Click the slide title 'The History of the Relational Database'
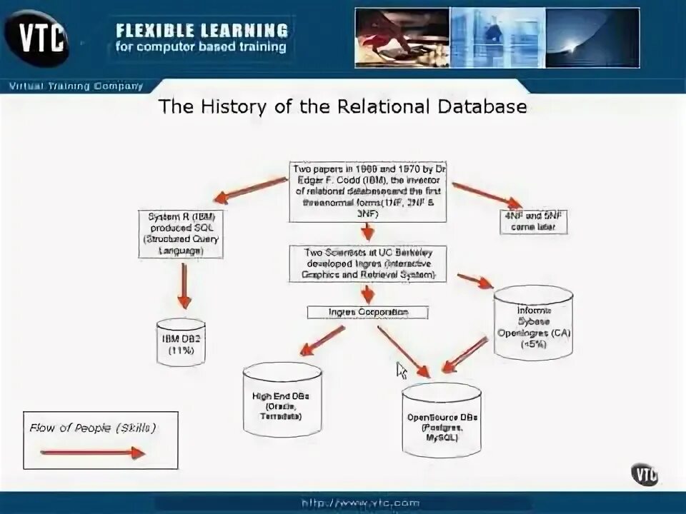click(x=342, y=107)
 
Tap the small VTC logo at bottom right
click(x=644, y=473)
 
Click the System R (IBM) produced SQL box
click(x=181, y=233)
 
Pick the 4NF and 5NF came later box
click(x=536, y=221)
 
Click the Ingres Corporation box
click(x=368, y=313)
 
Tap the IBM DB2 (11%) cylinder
click(x=181, y=342)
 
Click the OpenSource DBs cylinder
click(x=441, y=421)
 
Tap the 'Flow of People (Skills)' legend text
click(x=93, y=428)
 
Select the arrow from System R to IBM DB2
click(x=184, y=286)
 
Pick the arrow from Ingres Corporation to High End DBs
click(x=322, y=341)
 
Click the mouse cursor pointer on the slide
click(x=401, y=369)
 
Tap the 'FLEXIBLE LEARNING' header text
click(x=202, y=30)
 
